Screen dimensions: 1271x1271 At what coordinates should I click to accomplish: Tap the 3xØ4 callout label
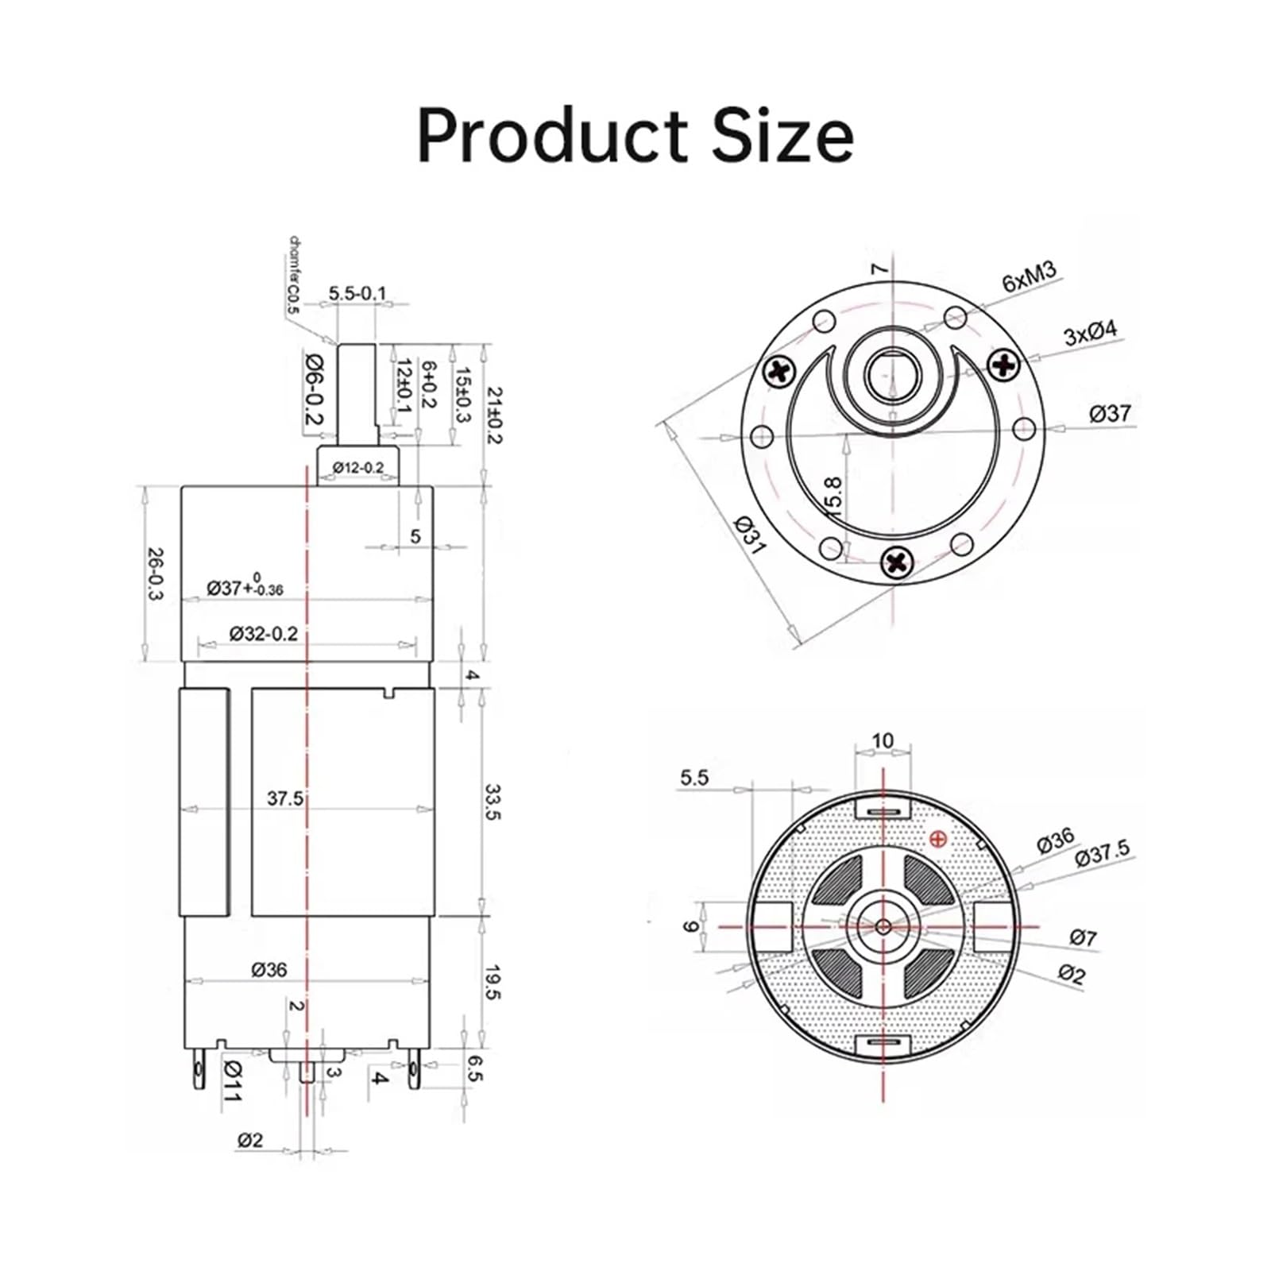click(x=1090, y=332)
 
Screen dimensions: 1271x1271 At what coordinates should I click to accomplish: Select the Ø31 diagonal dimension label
click(x=749, y=535)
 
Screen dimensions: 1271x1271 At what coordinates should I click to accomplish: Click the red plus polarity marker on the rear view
click(x=938, y=838)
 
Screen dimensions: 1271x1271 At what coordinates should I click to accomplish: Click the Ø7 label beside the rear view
click(x=1083, y=937)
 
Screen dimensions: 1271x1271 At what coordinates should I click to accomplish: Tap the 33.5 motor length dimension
click(x=493, y=802)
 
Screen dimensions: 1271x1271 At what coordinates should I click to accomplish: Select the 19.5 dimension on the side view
click(x=493, y=982)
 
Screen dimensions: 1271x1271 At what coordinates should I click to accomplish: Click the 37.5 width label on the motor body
click(x=284, y=798)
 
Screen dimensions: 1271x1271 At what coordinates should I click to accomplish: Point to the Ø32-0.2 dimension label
click(x=263, y=633)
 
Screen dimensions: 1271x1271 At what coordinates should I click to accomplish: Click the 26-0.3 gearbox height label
click(x=156, y=574)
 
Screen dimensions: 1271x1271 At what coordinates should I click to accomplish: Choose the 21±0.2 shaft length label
click(x=494, y=415)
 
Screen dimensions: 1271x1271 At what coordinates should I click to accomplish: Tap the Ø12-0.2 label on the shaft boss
click(x=357, y=468)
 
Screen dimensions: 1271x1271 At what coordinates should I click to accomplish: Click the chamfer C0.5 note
click(x=292, y=273)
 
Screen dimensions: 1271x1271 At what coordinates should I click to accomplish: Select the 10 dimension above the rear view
click(x=883, y=740)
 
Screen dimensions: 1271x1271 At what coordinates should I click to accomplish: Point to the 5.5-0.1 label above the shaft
click(x=357, y=293)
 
